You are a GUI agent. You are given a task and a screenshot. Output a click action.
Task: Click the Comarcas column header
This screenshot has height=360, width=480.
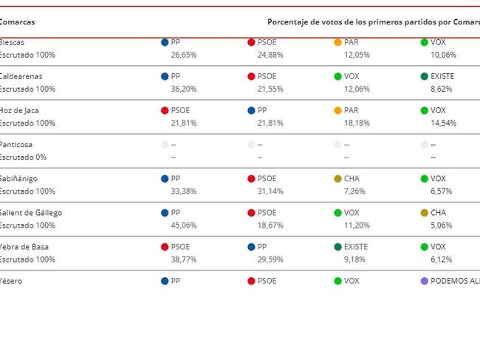click(x=17, y=22)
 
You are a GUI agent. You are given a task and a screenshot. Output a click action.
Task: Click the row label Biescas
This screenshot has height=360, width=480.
click(x=13, y=43)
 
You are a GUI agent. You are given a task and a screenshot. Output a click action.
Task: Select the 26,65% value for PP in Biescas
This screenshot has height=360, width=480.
click(x=184, y=55)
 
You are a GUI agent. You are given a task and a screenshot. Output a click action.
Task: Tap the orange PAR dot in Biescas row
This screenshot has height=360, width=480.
click(x=338, y=43)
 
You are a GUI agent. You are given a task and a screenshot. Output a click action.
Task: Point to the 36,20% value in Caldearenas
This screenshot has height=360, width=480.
click(x=184, y=89)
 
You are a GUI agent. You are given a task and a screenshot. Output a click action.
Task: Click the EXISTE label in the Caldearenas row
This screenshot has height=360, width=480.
click(x=443, y=77)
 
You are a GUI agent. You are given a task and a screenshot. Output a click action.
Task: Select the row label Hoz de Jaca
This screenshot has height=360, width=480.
click(x=19, y=111)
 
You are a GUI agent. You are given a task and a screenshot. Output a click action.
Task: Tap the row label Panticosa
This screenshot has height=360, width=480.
click(x=16, y=145)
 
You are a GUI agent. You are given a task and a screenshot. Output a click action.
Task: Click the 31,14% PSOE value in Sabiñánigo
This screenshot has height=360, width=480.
click(x=270, y=191)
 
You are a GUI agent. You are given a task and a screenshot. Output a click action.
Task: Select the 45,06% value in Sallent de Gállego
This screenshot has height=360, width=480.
click(x=184, y=225)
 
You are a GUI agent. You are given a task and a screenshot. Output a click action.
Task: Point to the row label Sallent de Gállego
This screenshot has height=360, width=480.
click(x=31, y=213)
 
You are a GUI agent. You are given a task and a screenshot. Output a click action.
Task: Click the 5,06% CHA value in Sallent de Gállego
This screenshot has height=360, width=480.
click(x=442, y=225)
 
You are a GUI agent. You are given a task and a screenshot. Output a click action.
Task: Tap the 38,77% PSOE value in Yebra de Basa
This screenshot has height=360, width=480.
click(x=184, y=259)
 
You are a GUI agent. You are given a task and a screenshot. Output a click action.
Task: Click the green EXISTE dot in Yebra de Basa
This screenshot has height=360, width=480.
click(x=338, y=247)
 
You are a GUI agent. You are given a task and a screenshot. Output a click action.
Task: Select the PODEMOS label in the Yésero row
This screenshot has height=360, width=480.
click(x=454, y=281)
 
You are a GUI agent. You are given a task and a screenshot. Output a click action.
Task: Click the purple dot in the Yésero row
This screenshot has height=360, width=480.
click(x=424, y=281)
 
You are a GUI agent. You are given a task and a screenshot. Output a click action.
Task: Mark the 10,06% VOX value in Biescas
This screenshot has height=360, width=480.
click(x=444, y=55)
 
